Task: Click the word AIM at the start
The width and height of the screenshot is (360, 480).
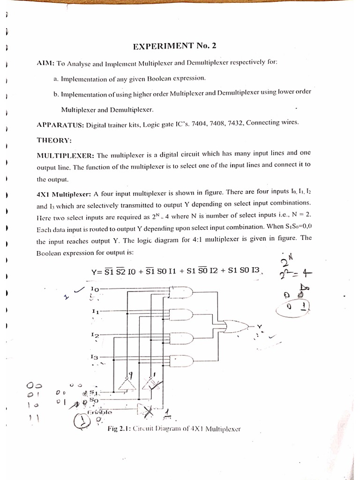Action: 45,63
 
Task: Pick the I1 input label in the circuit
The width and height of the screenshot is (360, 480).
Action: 95,311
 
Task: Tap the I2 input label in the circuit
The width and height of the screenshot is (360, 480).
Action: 95,335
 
